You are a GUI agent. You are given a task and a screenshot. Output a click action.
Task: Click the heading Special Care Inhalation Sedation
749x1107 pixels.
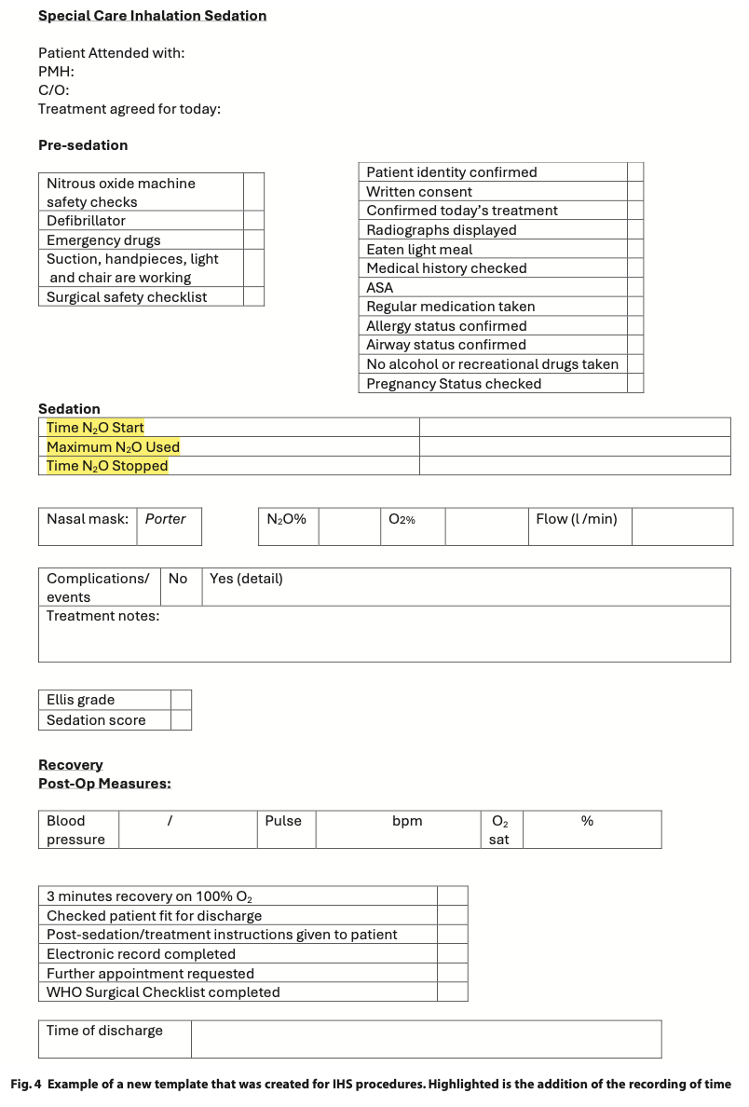pos(152,16)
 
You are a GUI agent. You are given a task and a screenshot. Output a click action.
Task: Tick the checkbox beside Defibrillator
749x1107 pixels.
pos(253,221)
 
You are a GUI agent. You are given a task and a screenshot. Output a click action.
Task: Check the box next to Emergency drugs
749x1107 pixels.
pos(253,240)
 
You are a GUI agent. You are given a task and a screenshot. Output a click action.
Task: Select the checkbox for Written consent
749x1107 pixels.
pos(635,192)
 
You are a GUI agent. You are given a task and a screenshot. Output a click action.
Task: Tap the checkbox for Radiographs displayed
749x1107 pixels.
pos(635,230)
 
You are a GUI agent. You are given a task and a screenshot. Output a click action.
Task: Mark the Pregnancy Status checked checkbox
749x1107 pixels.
pos(635,384)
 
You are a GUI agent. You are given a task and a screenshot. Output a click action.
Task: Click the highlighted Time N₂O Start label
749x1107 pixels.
pos(95,428)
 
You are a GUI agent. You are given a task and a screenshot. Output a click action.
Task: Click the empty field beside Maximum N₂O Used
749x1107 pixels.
pos(574,447)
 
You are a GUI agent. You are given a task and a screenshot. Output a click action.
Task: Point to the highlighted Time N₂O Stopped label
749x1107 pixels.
pos(107,466)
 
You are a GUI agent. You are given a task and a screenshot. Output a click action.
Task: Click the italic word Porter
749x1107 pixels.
pos(166,519)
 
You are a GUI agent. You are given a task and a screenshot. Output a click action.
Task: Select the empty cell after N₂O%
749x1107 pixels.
pos(349,526)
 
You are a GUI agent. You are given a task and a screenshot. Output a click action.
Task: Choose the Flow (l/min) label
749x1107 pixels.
pos(577,519)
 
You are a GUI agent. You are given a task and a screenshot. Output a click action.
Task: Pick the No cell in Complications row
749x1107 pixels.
pos(178,579)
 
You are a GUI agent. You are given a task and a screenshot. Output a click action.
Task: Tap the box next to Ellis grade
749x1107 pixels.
pos(181,700)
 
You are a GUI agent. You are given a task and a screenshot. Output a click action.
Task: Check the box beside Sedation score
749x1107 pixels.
pos(181,720)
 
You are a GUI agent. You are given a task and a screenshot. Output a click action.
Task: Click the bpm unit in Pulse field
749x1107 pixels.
pos(407,821)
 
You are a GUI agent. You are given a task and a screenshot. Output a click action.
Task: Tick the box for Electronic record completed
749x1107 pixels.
pos(452,954)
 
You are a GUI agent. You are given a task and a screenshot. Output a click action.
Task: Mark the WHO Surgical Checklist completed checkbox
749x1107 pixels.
pos(452,992)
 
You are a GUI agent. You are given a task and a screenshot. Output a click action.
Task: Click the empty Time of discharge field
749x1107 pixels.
pos(426,1039)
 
